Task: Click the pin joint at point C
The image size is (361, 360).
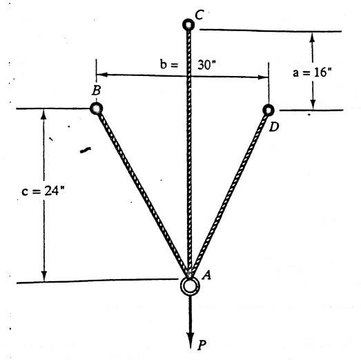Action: point(188,25)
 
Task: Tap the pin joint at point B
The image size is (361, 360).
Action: point(96,108)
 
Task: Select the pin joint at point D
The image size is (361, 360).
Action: point(269,109)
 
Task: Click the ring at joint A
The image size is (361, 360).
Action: point(188,285)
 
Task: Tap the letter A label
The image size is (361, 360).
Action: point(205,276)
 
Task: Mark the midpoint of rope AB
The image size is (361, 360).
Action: point(142,193)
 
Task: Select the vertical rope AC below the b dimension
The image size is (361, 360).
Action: point(188,173)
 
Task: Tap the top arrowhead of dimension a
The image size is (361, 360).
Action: point(313,35)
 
